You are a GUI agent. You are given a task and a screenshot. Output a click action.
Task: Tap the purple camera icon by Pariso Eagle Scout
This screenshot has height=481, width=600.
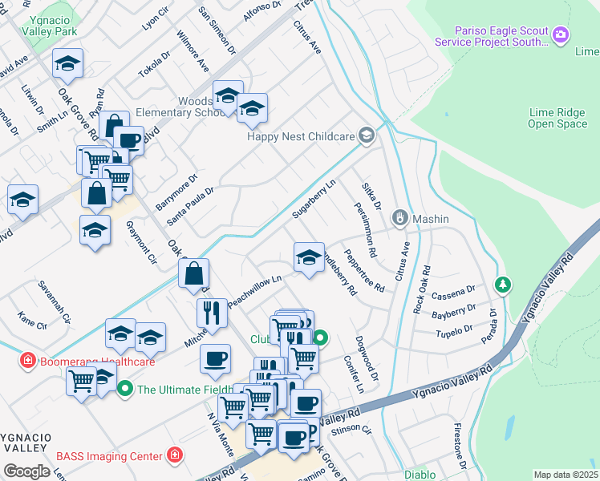[x=561, y=34]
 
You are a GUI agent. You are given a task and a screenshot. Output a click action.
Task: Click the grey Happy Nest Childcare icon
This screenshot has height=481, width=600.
[x=367, y=135]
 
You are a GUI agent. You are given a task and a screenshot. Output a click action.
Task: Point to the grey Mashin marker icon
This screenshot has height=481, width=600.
[x=399, y=218]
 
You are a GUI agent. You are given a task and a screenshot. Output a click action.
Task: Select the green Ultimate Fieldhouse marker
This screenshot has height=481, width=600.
[x=124, y=390]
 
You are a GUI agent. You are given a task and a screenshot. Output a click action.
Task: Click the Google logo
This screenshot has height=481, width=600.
[x=26, y=471]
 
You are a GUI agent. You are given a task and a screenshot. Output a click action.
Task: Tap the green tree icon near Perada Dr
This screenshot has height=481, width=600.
[x=502, y=284]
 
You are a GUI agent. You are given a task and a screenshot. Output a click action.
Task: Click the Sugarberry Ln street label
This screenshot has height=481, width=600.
[x=314, y=198]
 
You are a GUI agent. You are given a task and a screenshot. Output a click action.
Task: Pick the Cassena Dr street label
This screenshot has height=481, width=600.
[x=453, y=293]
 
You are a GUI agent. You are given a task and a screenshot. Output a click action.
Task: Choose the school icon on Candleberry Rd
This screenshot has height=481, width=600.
[x=309, y=257]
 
